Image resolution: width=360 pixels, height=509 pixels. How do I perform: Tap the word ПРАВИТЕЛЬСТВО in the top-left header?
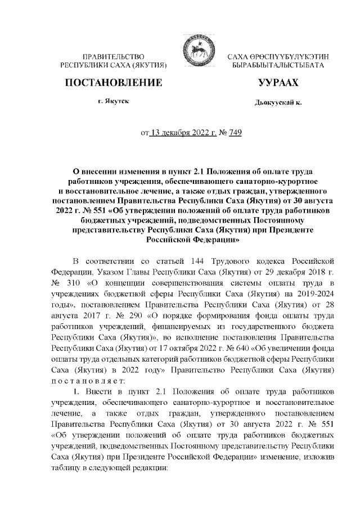(114, 57)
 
